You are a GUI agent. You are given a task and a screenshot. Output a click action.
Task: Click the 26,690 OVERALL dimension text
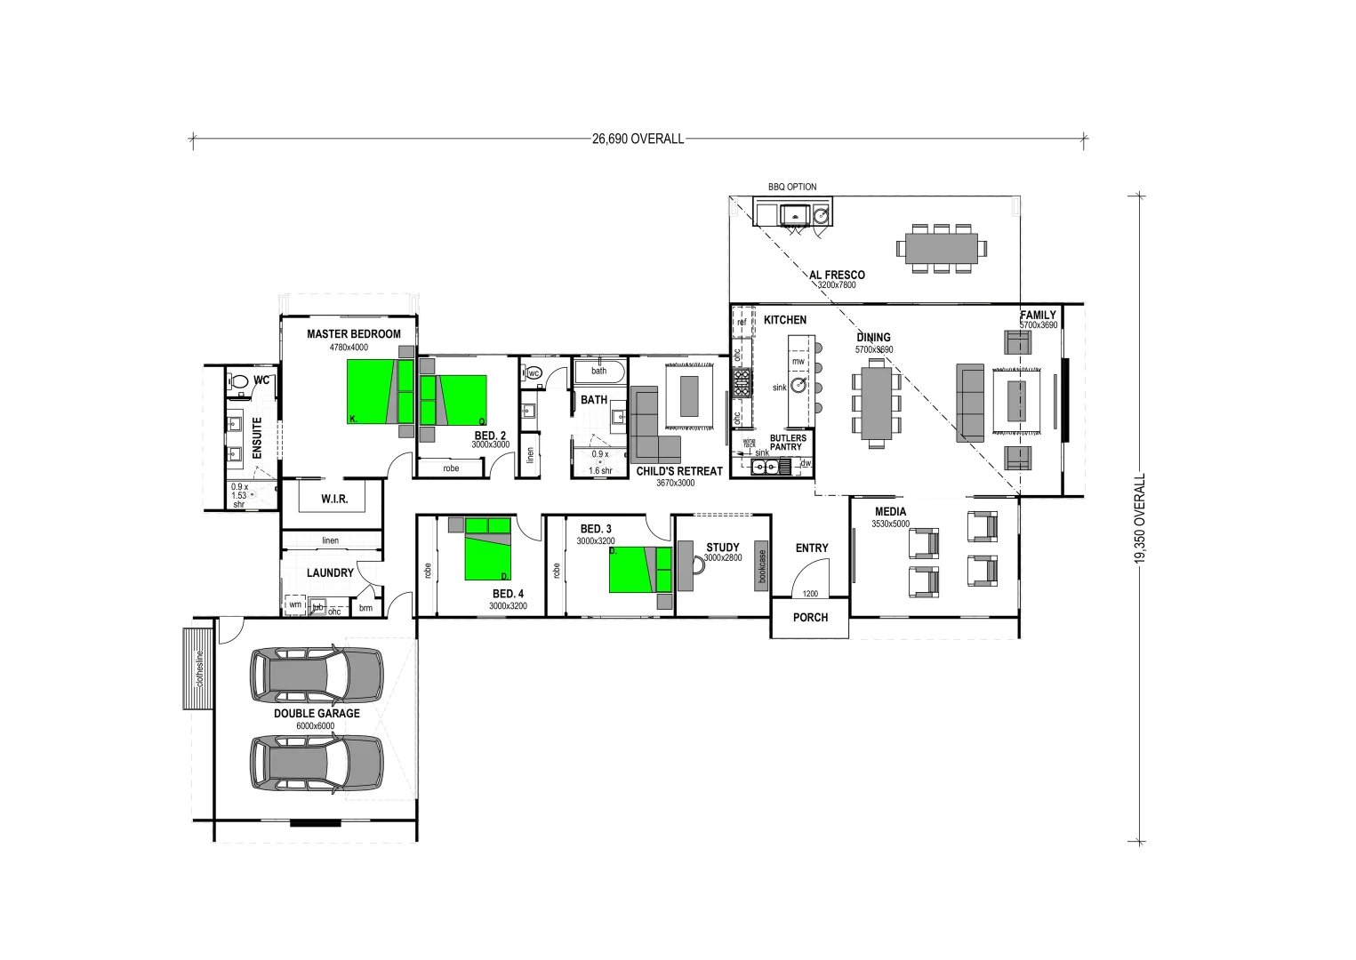[638, 139]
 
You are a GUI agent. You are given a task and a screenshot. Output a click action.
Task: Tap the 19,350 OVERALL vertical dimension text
[1139, 518]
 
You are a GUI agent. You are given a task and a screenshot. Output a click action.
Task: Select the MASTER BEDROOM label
[353, 334]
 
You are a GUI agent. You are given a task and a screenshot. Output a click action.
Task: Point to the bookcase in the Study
[761, 565]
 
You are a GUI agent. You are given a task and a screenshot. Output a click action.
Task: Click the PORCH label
[809, 618]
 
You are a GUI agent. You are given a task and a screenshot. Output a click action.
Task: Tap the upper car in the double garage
[317, 673]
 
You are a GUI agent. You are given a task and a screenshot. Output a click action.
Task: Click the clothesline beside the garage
[198, 668]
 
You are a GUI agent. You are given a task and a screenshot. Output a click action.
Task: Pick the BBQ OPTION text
[791, 187]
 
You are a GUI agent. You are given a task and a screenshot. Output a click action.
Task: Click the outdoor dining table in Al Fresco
[942, 247]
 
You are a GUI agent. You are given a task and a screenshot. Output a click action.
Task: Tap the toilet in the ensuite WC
[239, 382]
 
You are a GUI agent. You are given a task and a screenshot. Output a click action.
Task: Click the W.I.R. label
[334, 500]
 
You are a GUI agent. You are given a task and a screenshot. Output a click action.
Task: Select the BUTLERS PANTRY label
[788, 443]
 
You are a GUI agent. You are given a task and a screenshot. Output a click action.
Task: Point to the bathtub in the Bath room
[599, 371]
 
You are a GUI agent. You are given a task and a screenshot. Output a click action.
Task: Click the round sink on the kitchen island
[800, 385]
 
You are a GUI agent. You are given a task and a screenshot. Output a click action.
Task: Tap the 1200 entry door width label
[810, 593]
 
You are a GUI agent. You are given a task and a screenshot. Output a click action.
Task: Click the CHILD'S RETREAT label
[678, 471]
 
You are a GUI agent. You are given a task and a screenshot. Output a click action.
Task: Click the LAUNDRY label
[330, 573]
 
